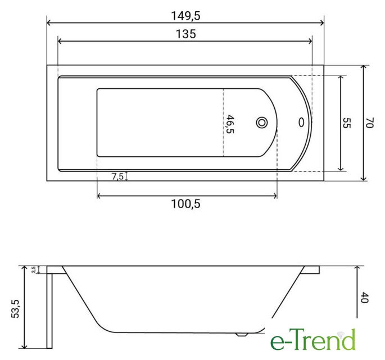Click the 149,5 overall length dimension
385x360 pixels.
185,16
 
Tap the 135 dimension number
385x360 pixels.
186,34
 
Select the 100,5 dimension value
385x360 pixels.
185,204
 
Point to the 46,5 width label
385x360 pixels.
230,124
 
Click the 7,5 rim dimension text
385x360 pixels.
117,177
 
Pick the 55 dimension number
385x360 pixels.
347,123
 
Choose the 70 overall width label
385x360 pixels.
369,123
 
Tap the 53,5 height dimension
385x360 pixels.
15,309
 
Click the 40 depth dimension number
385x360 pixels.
365,298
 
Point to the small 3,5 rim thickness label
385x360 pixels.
34,269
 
